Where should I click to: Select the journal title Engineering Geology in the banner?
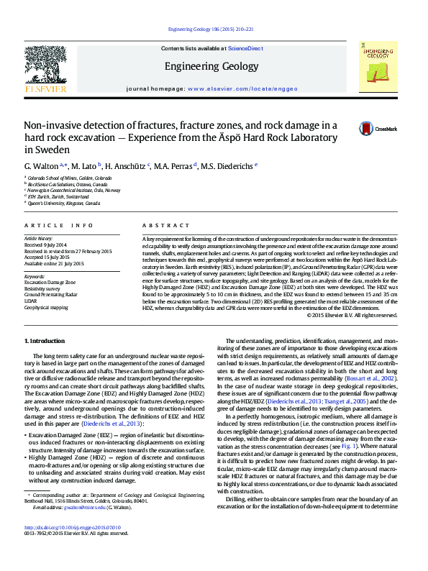coord(211,66)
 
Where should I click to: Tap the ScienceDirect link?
coord(245,47)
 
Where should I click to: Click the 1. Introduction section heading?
coord(45,340)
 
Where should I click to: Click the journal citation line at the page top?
coord(210,29)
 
